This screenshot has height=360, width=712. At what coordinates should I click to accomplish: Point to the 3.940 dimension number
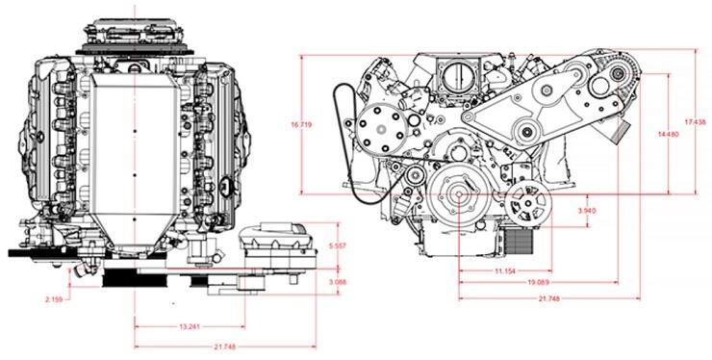tap(587, 210)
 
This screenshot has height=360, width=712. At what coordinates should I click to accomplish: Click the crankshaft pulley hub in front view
tap(458, 200)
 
